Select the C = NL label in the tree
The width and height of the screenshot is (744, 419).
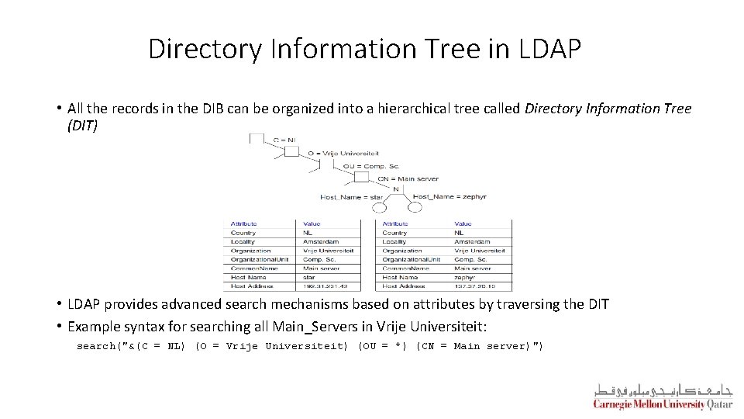(x=284, y=140)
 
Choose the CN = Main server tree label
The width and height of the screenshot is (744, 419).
(x=408, y=178)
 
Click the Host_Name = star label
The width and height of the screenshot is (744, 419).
(x=352, y=197)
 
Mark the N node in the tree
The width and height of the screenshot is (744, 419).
(x=396, y=189)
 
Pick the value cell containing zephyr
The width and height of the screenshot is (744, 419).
(x=466, y=277)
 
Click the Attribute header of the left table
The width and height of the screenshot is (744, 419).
(x=243, y=223)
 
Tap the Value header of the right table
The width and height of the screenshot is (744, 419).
(x=463, y=223)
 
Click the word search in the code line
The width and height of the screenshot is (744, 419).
(x=95, y=346)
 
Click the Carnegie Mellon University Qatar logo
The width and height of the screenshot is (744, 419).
(x=663, y=396)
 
